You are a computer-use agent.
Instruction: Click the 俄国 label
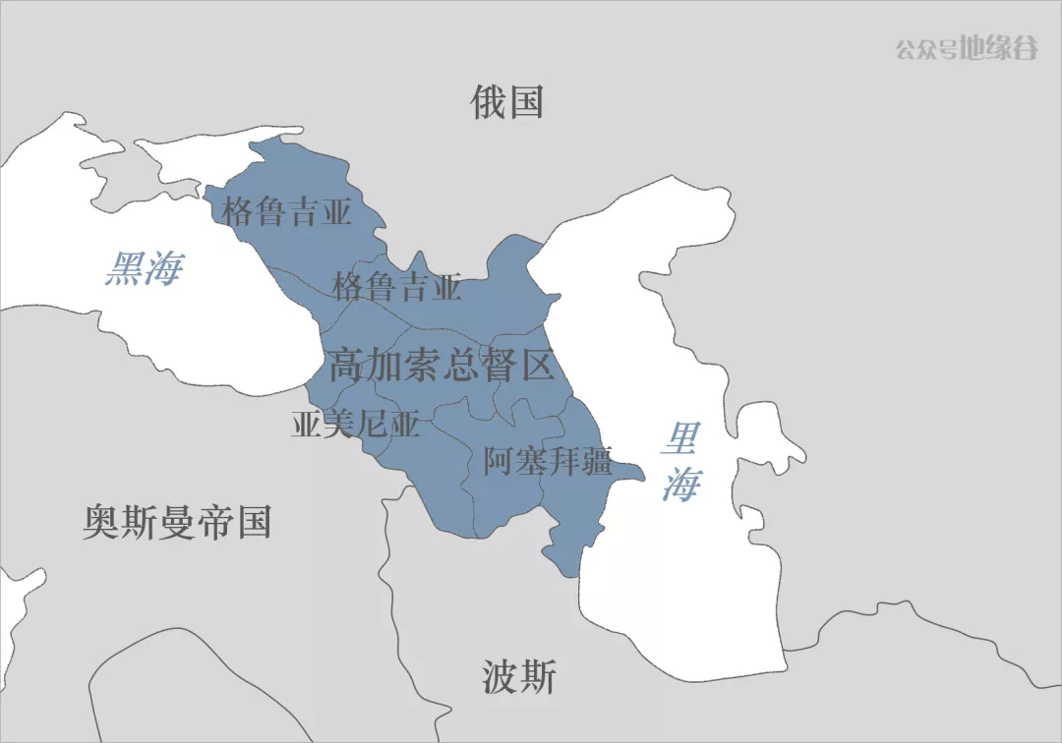[507, 101]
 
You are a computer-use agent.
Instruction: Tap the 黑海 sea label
[144, 267]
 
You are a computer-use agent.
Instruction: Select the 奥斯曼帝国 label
[177, 522]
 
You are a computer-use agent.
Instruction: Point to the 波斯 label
[519, 677]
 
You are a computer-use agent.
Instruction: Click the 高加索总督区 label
[442, 366]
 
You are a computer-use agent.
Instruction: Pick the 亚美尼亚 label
[356, 425]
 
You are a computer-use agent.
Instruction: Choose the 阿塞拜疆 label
[548, 460]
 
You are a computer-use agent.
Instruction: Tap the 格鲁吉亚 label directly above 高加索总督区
[397, 287]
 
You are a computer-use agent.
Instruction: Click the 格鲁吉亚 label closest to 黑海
[287, 211]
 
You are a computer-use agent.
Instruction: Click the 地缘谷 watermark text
[999, 48]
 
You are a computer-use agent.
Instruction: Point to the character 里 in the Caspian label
[679, 438]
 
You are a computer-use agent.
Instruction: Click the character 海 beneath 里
[679, 485]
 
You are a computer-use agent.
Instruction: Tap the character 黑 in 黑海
[125, 267]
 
